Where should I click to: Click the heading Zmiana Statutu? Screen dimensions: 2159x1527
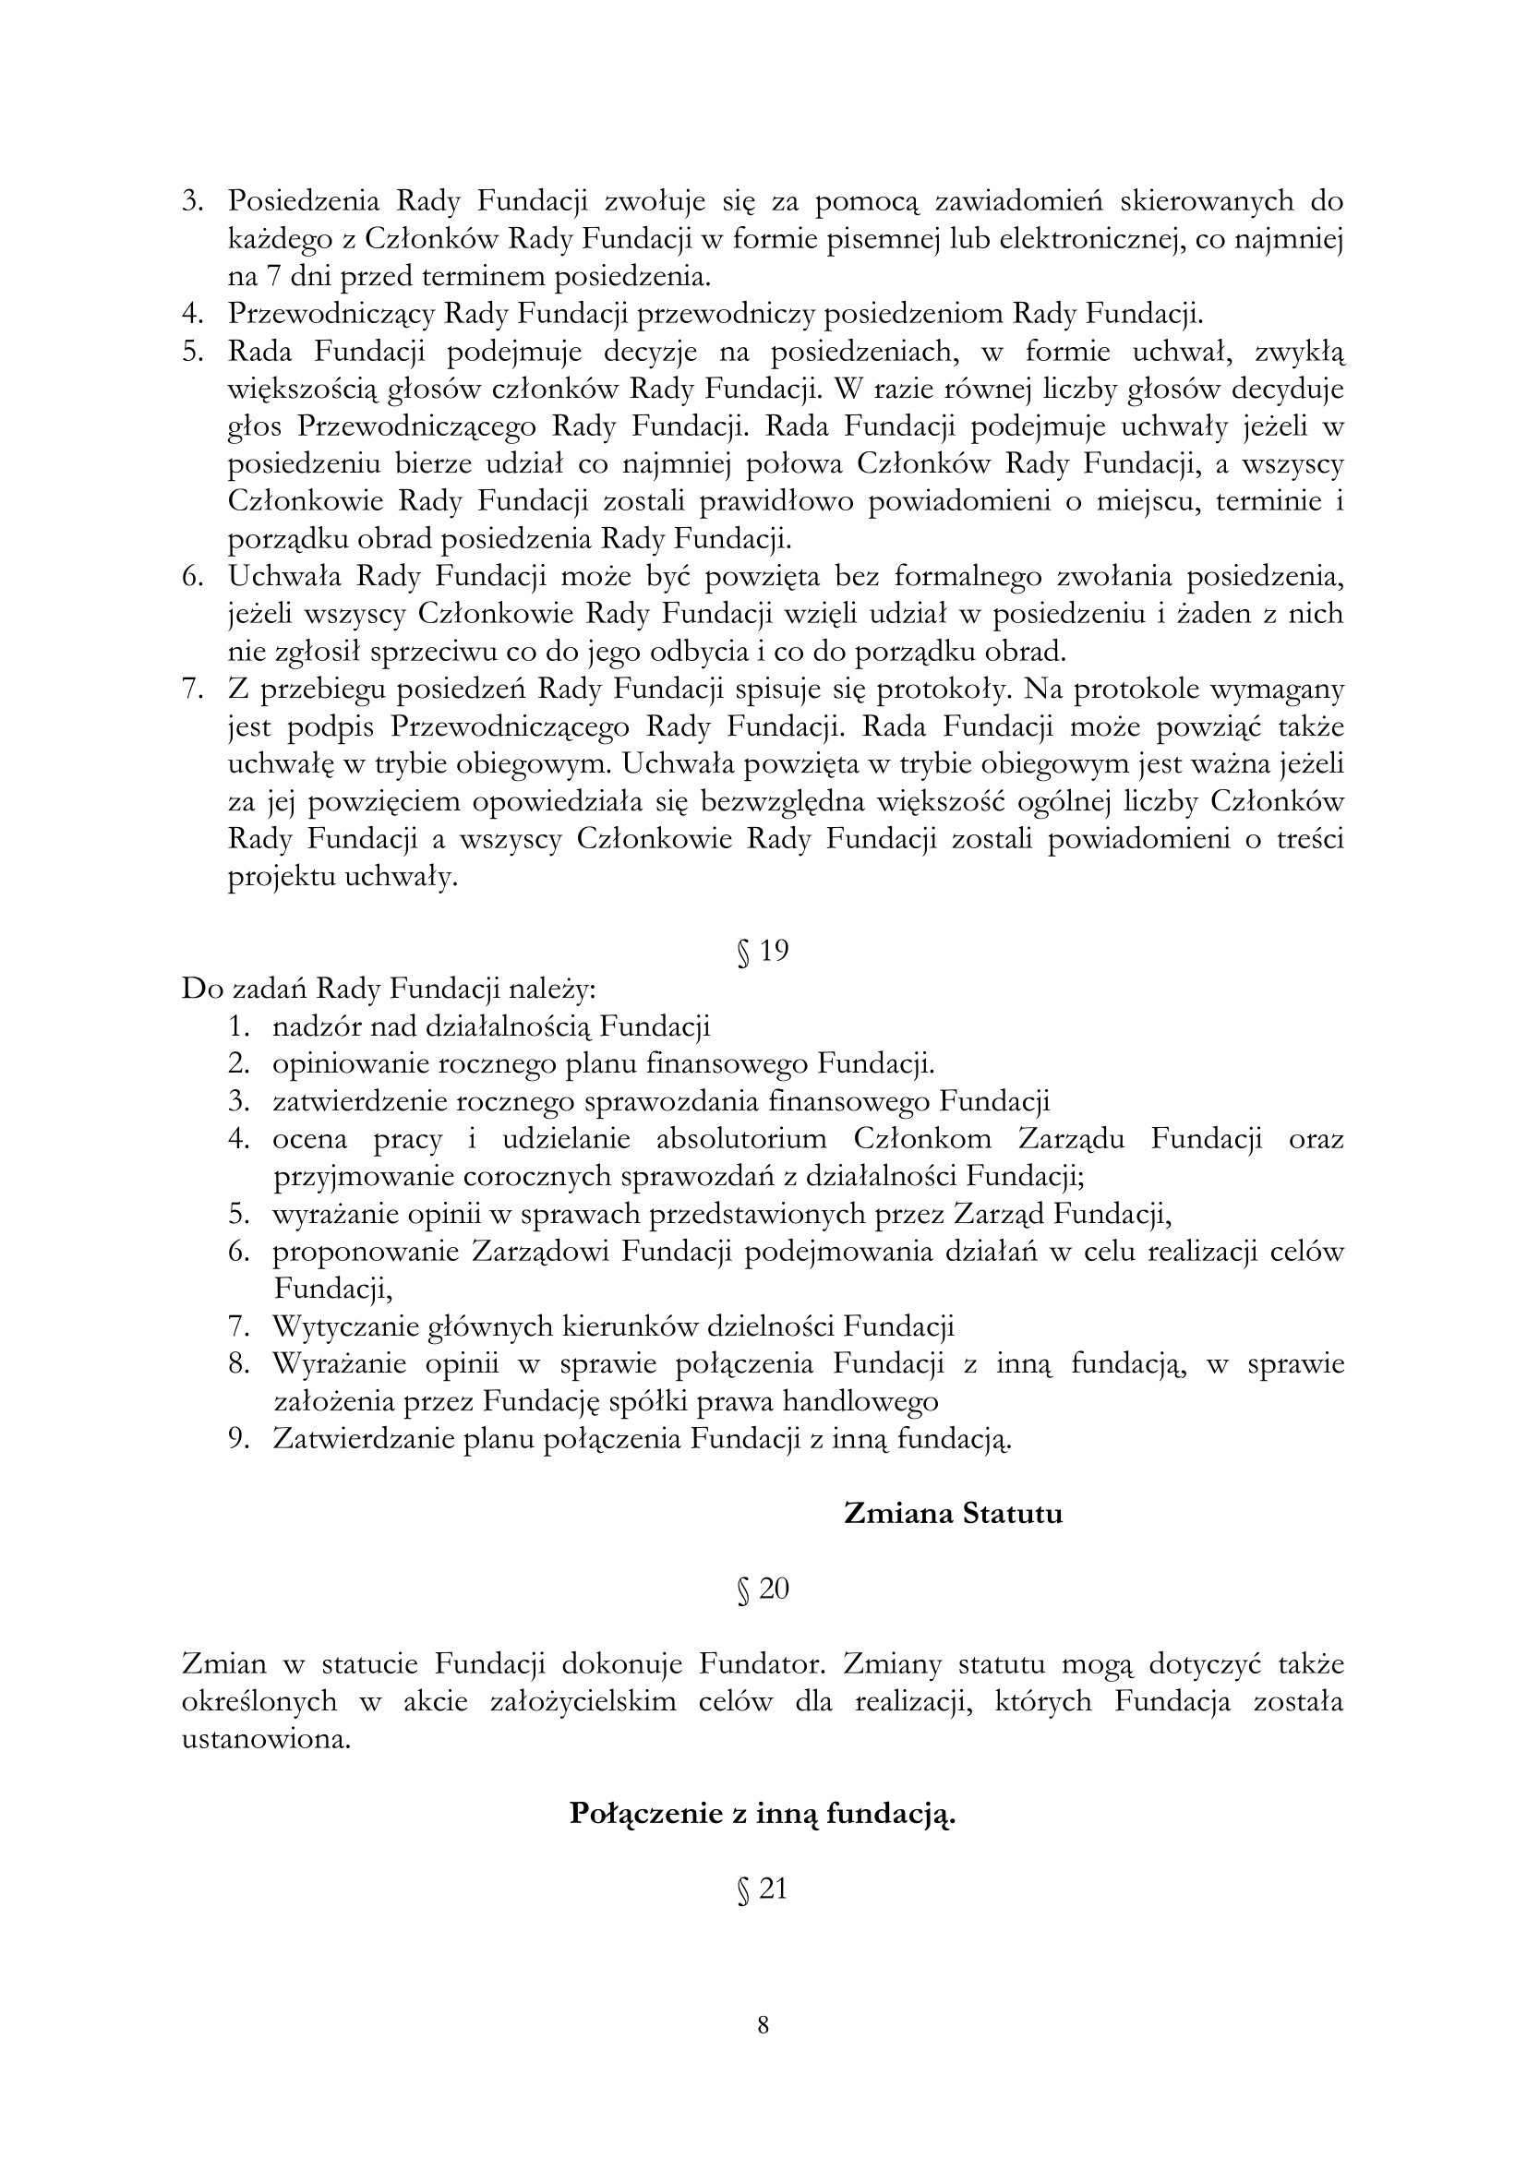coord(953,1513)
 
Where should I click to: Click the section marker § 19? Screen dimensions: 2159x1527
coord(763,951)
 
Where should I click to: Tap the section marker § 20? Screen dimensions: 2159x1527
coord(763,1589)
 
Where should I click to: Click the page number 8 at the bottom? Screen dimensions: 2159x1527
coord(763,2024)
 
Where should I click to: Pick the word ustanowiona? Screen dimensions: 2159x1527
coord(266,1739)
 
